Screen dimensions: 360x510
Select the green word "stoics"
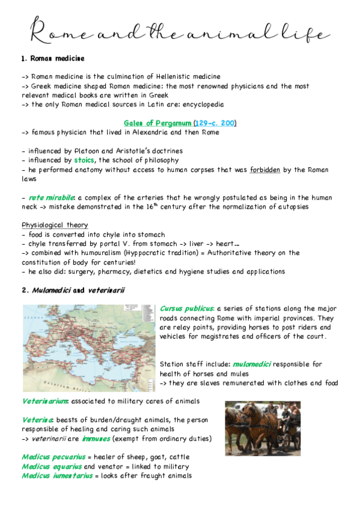coord(84,160)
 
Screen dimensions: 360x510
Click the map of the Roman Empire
coord(89,348)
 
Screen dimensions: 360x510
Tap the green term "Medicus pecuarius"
coord(53,457)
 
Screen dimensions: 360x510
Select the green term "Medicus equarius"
coord(52,467)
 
